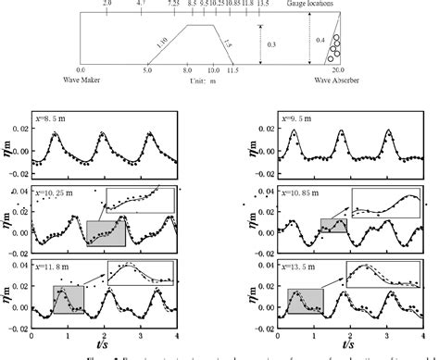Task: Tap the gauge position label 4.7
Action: (x=141, y=5)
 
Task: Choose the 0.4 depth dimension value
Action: (x=320, y=40)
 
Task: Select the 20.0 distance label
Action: (x=339, y=69)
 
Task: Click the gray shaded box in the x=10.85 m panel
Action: (x=334, y=230)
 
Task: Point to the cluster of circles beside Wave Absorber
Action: (x=335, y=45)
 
